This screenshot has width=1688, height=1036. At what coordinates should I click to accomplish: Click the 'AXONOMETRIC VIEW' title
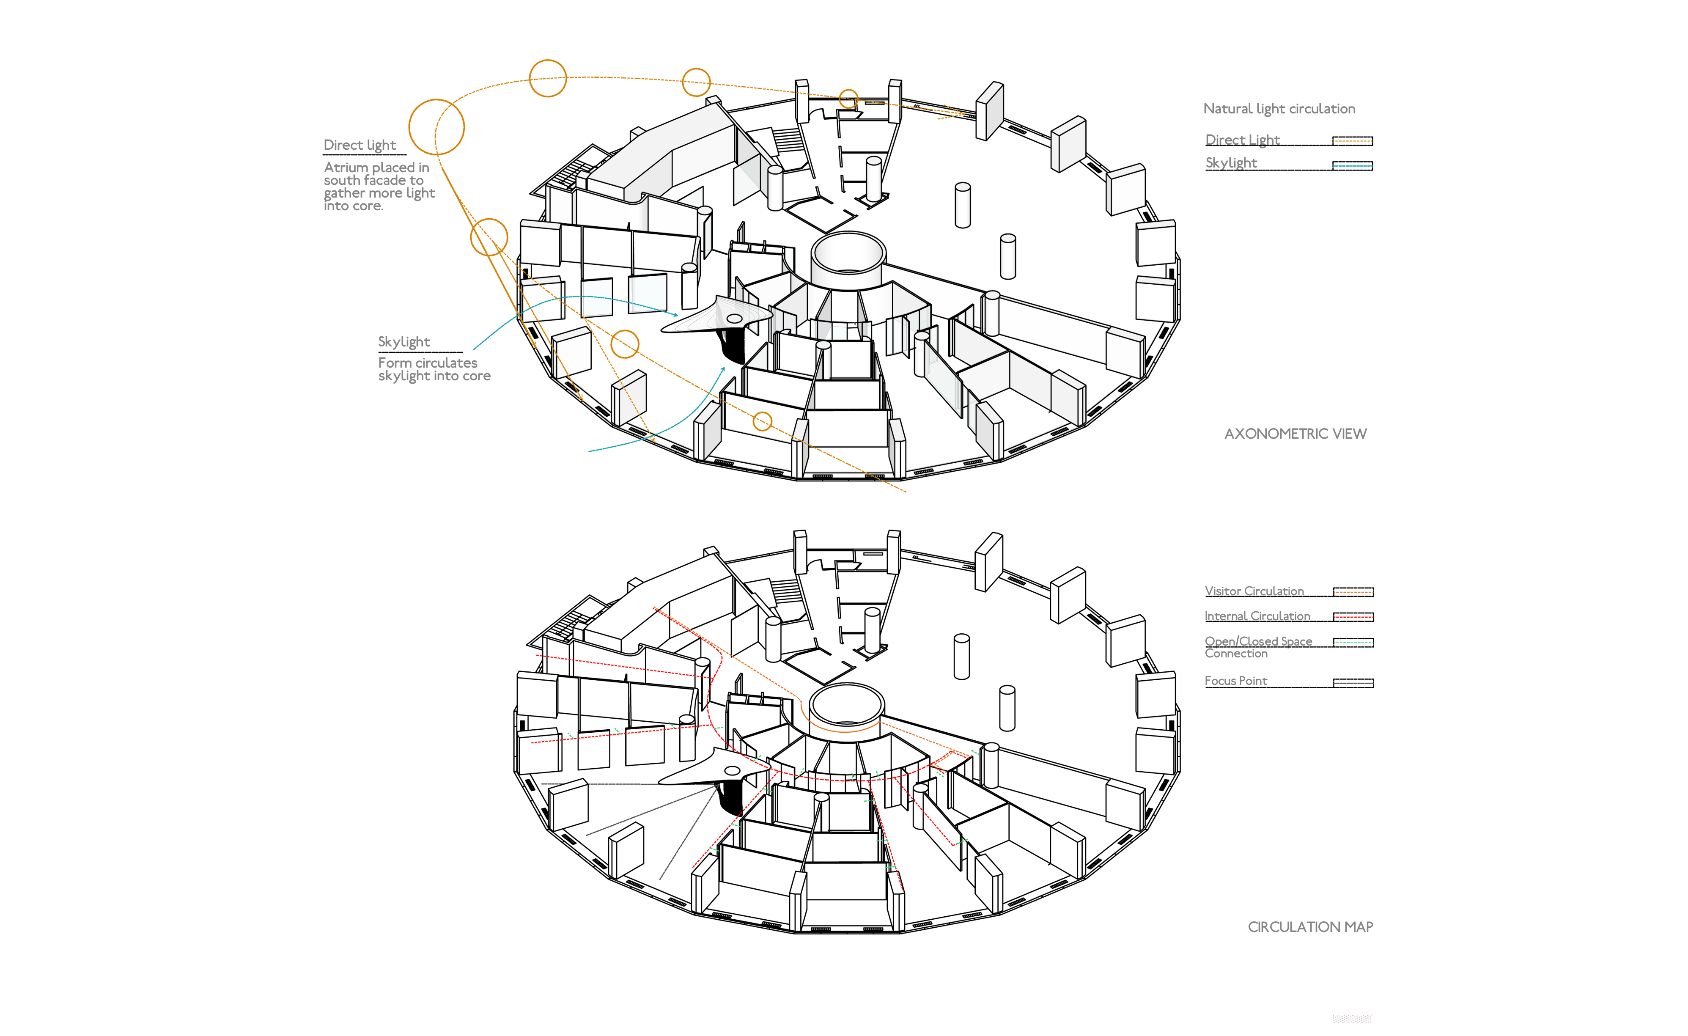click(1295, 434)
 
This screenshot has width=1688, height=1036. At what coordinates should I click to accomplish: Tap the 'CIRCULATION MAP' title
click(1310, 927)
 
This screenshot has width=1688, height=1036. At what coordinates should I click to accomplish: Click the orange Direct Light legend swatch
click(1352, 141)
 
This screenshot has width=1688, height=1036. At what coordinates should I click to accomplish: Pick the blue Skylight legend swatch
click(1352, 165)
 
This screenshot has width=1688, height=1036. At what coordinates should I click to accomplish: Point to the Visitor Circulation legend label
click(1254, 591)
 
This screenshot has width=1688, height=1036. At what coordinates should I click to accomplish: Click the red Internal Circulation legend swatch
click(1353, 617)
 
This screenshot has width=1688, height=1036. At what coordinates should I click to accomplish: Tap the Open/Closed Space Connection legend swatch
click(1353, 642)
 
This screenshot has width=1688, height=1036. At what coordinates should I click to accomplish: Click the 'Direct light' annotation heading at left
click(360, 145)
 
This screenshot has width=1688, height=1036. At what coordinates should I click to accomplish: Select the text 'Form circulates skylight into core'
click(434, 369)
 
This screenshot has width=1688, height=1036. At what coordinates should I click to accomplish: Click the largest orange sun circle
click(436, 127)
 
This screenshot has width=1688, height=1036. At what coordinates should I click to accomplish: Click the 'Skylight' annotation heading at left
click(403, 342)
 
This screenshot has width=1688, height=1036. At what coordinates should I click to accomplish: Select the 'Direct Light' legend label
click(1242, 140)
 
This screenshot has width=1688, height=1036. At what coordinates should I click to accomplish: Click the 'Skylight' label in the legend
click(1231, 163)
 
